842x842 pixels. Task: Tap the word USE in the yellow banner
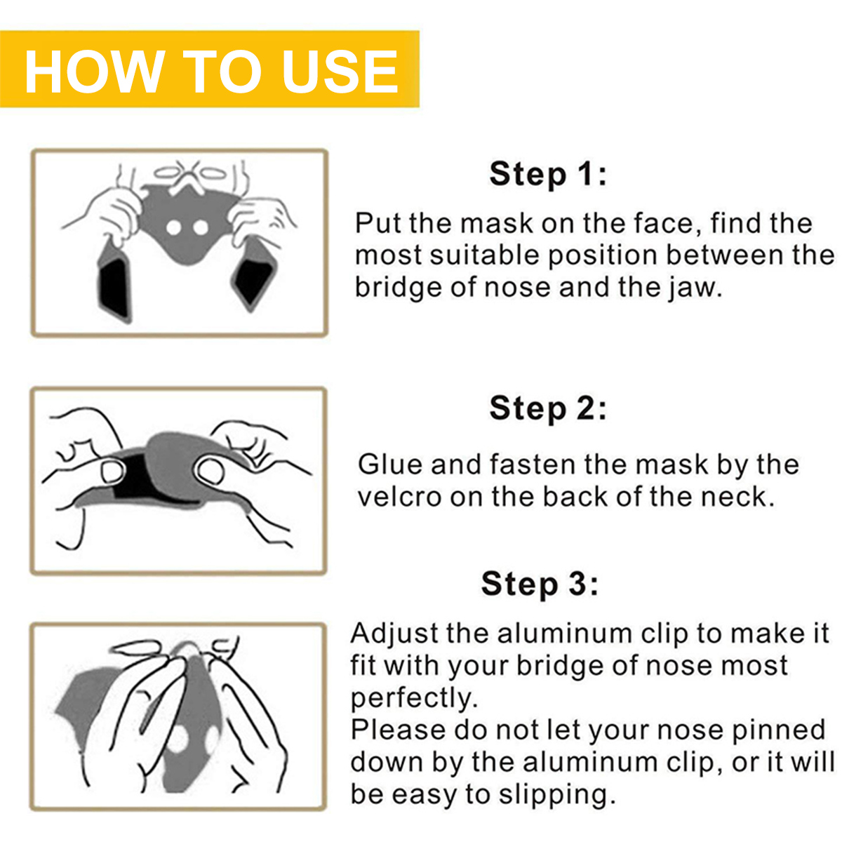pos(340,72)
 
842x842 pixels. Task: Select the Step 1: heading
pos(548,175)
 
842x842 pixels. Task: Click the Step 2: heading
pos(548,409)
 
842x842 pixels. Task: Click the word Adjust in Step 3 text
pos(394,633)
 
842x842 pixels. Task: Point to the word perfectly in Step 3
pos(413,697)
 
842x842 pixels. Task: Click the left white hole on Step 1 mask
pos(173,227)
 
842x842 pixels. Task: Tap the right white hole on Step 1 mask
pos(201,227)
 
